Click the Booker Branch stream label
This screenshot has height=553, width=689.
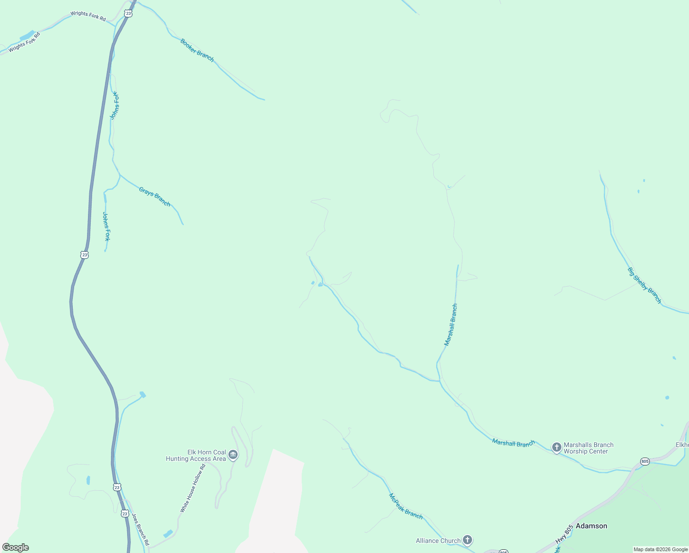(197, 50)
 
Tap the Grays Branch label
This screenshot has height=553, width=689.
(155, 197)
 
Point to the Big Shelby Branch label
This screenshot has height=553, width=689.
(644, 285)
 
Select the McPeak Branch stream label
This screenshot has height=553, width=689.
(406, 506)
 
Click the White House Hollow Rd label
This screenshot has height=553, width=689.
(193, 488)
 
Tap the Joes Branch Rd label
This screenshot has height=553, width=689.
(140, 527)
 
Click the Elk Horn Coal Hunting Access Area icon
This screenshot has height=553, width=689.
(233, 455)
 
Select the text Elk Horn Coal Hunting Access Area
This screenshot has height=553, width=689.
(196, 455)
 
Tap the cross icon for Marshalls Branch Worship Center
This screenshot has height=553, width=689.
(556, 447)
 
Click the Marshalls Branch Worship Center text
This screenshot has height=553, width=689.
(589, 448)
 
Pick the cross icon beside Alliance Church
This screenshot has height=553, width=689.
(467, 540)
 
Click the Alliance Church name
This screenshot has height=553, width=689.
(438, 541)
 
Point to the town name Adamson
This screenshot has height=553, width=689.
(591, 526)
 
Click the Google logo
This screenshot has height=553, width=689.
(16, 547)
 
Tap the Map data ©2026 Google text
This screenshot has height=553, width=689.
(660, 549)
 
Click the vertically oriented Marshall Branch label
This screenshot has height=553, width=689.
(451, 324)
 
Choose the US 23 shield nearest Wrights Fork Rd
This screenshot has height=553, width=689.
(128, 14)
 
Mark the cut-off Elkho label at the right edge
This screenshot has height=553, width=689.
(682, 445)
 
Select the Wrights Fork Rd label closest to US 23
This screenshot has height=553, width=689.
(88, 16)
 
